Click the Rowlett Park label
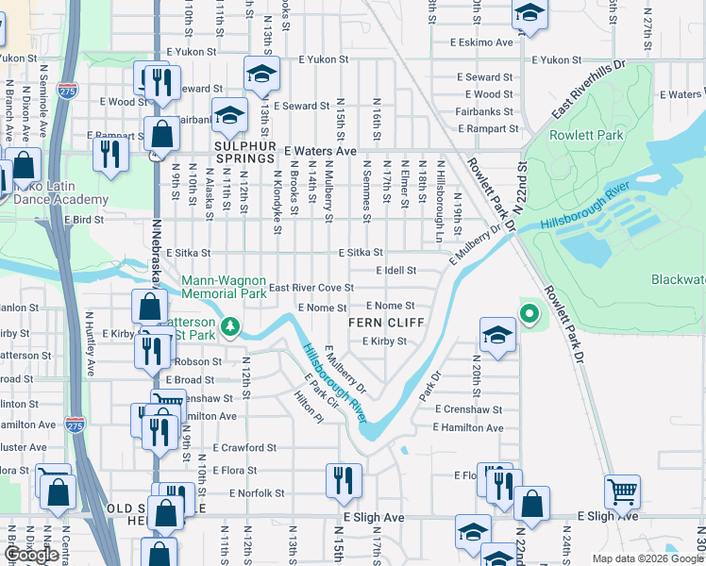point(598,136)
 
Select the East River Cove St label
point(311,288)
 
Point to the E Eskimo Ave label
point(481,42)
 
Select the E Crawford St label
point(244,448)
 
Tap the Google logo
point(31,555)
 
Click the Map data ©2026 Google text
point(648,558)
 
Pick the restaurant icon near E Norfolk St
point(344,480)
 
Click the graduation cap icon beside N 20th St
point(497,335)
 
